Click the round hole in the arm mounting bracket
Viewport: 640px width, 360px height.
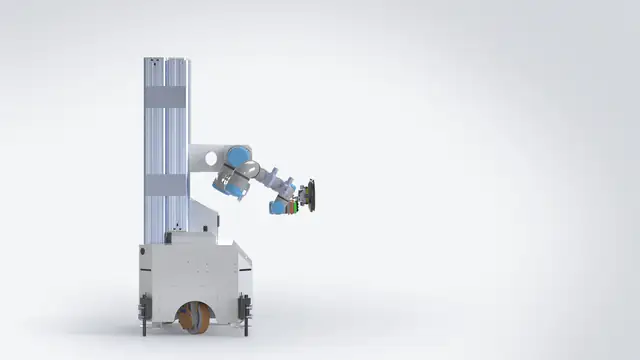[x=210, y=157]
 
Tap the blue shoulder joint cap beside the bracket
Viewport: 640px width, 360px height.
[x=237, y=157]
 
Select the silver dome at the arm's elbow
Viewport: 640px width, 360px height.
[x=251, y=168]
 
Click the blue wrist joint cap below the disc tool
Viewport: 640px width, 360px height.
[x=278, y=206]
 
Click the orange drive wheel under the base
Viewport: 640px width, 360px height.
[x=194, y=319]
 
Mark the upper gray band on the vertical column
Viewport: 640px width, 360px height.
[x=166, y=97]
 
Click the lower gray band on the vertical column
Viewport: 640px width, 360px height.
[x=166, y=185]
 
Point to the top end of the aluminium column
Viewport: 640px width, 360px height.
[x=166, y=60]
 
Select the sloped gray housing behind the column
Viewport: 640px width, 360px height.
[x=205, y=216]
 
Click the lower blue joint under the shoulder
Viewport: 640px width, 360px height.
[x=229, y=185]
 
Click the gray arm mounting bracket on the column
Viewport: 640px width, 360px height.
[x=204, y=158]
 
